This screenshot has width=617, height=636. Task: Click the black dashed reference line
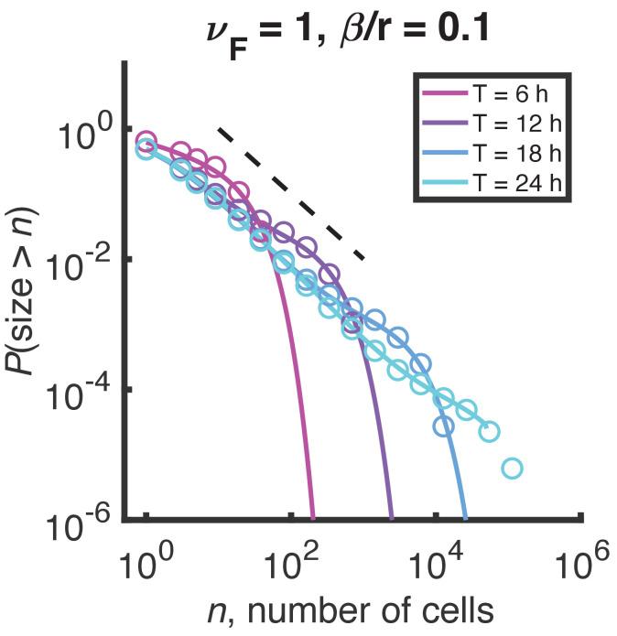293,194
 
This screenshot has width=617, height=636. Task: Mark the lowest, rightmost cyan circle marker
512,469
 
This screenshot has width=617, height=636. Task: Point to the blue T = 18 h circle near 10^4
444,426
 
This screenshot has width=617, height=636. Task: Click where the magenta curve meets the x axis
313,519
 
